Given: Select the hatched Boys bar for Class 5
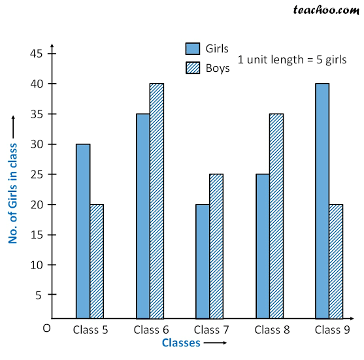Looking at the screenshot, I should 97,261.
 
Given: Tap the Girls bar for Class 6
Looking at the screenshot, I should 143,216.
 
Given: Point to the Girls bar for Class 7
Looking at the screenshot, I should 203,261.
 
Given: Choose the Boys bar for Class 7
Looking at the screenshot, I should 217,246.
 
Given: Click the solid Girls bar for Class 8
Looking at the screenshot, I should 263,246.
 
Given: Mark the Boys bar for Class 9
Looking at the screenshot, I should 336,261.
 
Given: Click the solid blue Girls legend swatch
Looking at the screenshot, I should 193,48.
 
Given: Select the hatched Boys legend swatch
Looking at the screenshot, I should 193,67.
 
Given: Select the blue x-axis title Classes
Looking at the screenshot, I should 181,342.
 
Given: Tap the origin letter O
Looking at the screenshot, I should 46,328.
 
